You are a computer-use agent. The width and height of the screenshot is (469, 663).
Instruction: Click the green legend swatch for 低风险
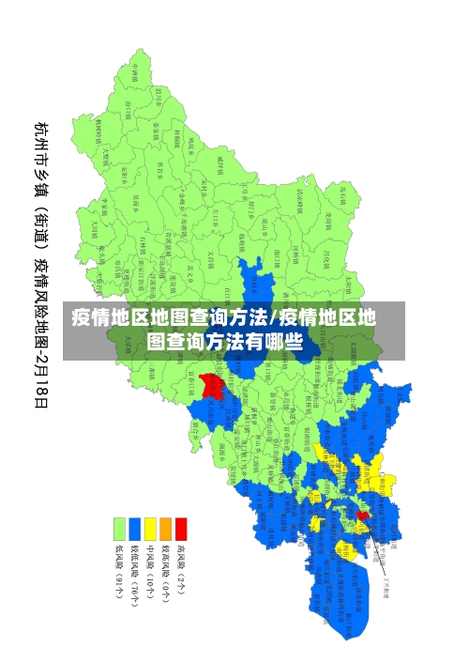point(119,529)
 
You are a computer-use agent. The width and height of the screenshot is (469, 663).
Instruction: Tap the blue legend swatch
point(134,529)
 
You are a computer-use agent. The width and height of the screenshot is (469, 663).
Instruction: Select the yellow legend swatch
point(150,529)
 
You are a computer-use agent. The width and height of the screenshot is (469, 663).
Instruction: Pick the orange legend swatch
point(165,529)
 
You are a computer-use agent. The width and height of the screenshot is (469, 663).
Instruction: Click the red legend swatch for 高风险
point(181,529)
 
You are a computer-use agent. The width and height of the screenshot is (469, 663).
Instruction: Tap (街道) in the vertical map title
point(42,225)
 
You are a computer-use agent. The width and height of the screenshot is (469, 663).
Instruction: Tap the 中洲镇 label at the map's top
point(135,72)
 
